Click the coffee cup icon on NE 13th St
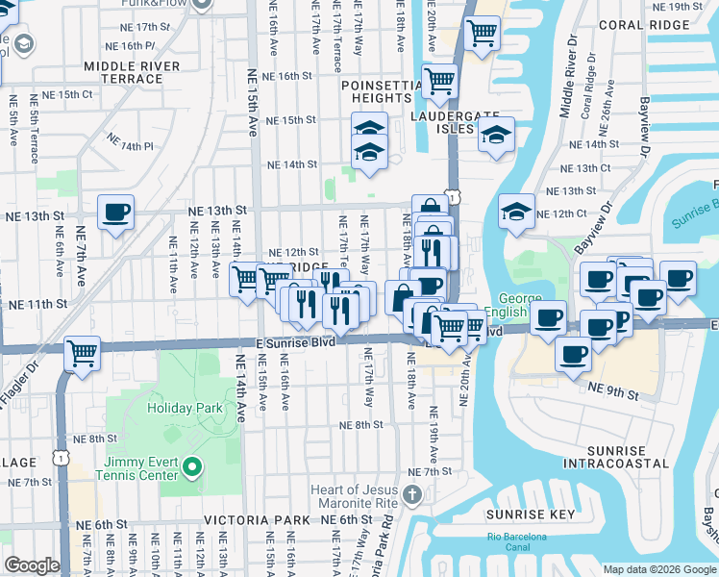coord(115,212)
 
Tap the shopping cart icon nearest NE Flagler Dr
coord(83,353)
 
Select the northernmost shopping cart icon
coord(482,33)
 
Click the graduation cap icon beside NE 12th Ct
coord(516,212)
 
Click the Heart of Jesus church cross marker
coord(412,496)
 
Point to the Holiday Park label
coord(186,408)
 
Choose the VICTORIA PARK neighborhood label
coord(257,520)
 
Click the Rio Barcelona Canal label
coord(516,542)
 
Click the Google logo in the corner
coord(32,565)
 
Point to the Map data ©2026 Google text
coord(658,569)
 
